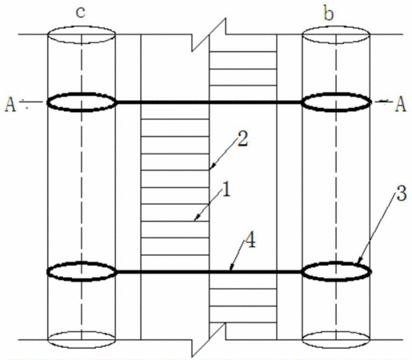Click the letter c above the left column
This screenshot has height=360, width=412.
(81, 13)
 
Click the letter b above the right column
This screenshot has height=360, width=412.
(329, 14)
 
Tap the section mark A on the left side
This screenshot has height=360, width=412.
(10, 104)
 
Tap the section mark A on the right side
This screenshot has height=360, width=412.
(401, 104)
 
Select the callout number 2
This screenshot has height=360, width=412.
(242, 139)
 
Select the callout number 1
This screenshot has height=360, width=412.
(226, 189)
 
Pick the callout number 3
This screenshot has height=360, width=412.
(402, 194)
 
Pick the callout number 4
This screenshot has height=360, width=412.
(250, 241)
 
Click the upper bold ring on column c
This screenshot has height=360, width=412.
(82, 94)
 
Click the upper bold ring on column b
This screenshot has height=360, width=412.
(336, 94)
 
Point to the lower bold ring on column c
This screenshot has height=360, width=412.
(82, 263)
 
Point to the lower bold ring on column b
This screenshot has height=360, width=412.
(336, 263)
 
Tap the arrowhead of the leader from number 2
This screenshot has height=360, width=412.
(210, 167)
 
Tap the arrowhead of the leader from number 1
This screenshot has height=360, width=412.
(196, 218)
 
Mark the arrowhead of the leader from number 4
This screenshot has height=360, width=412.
(231, 268)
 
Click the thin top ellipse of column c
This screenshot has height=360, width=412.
(82, 26)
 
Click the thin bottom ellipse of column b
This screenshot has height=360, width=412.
(336, 348)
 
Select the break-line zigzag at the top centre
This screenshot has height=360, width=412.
(210, 34)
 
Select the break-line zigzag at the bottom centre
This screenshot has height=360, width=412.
(210, 340)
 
